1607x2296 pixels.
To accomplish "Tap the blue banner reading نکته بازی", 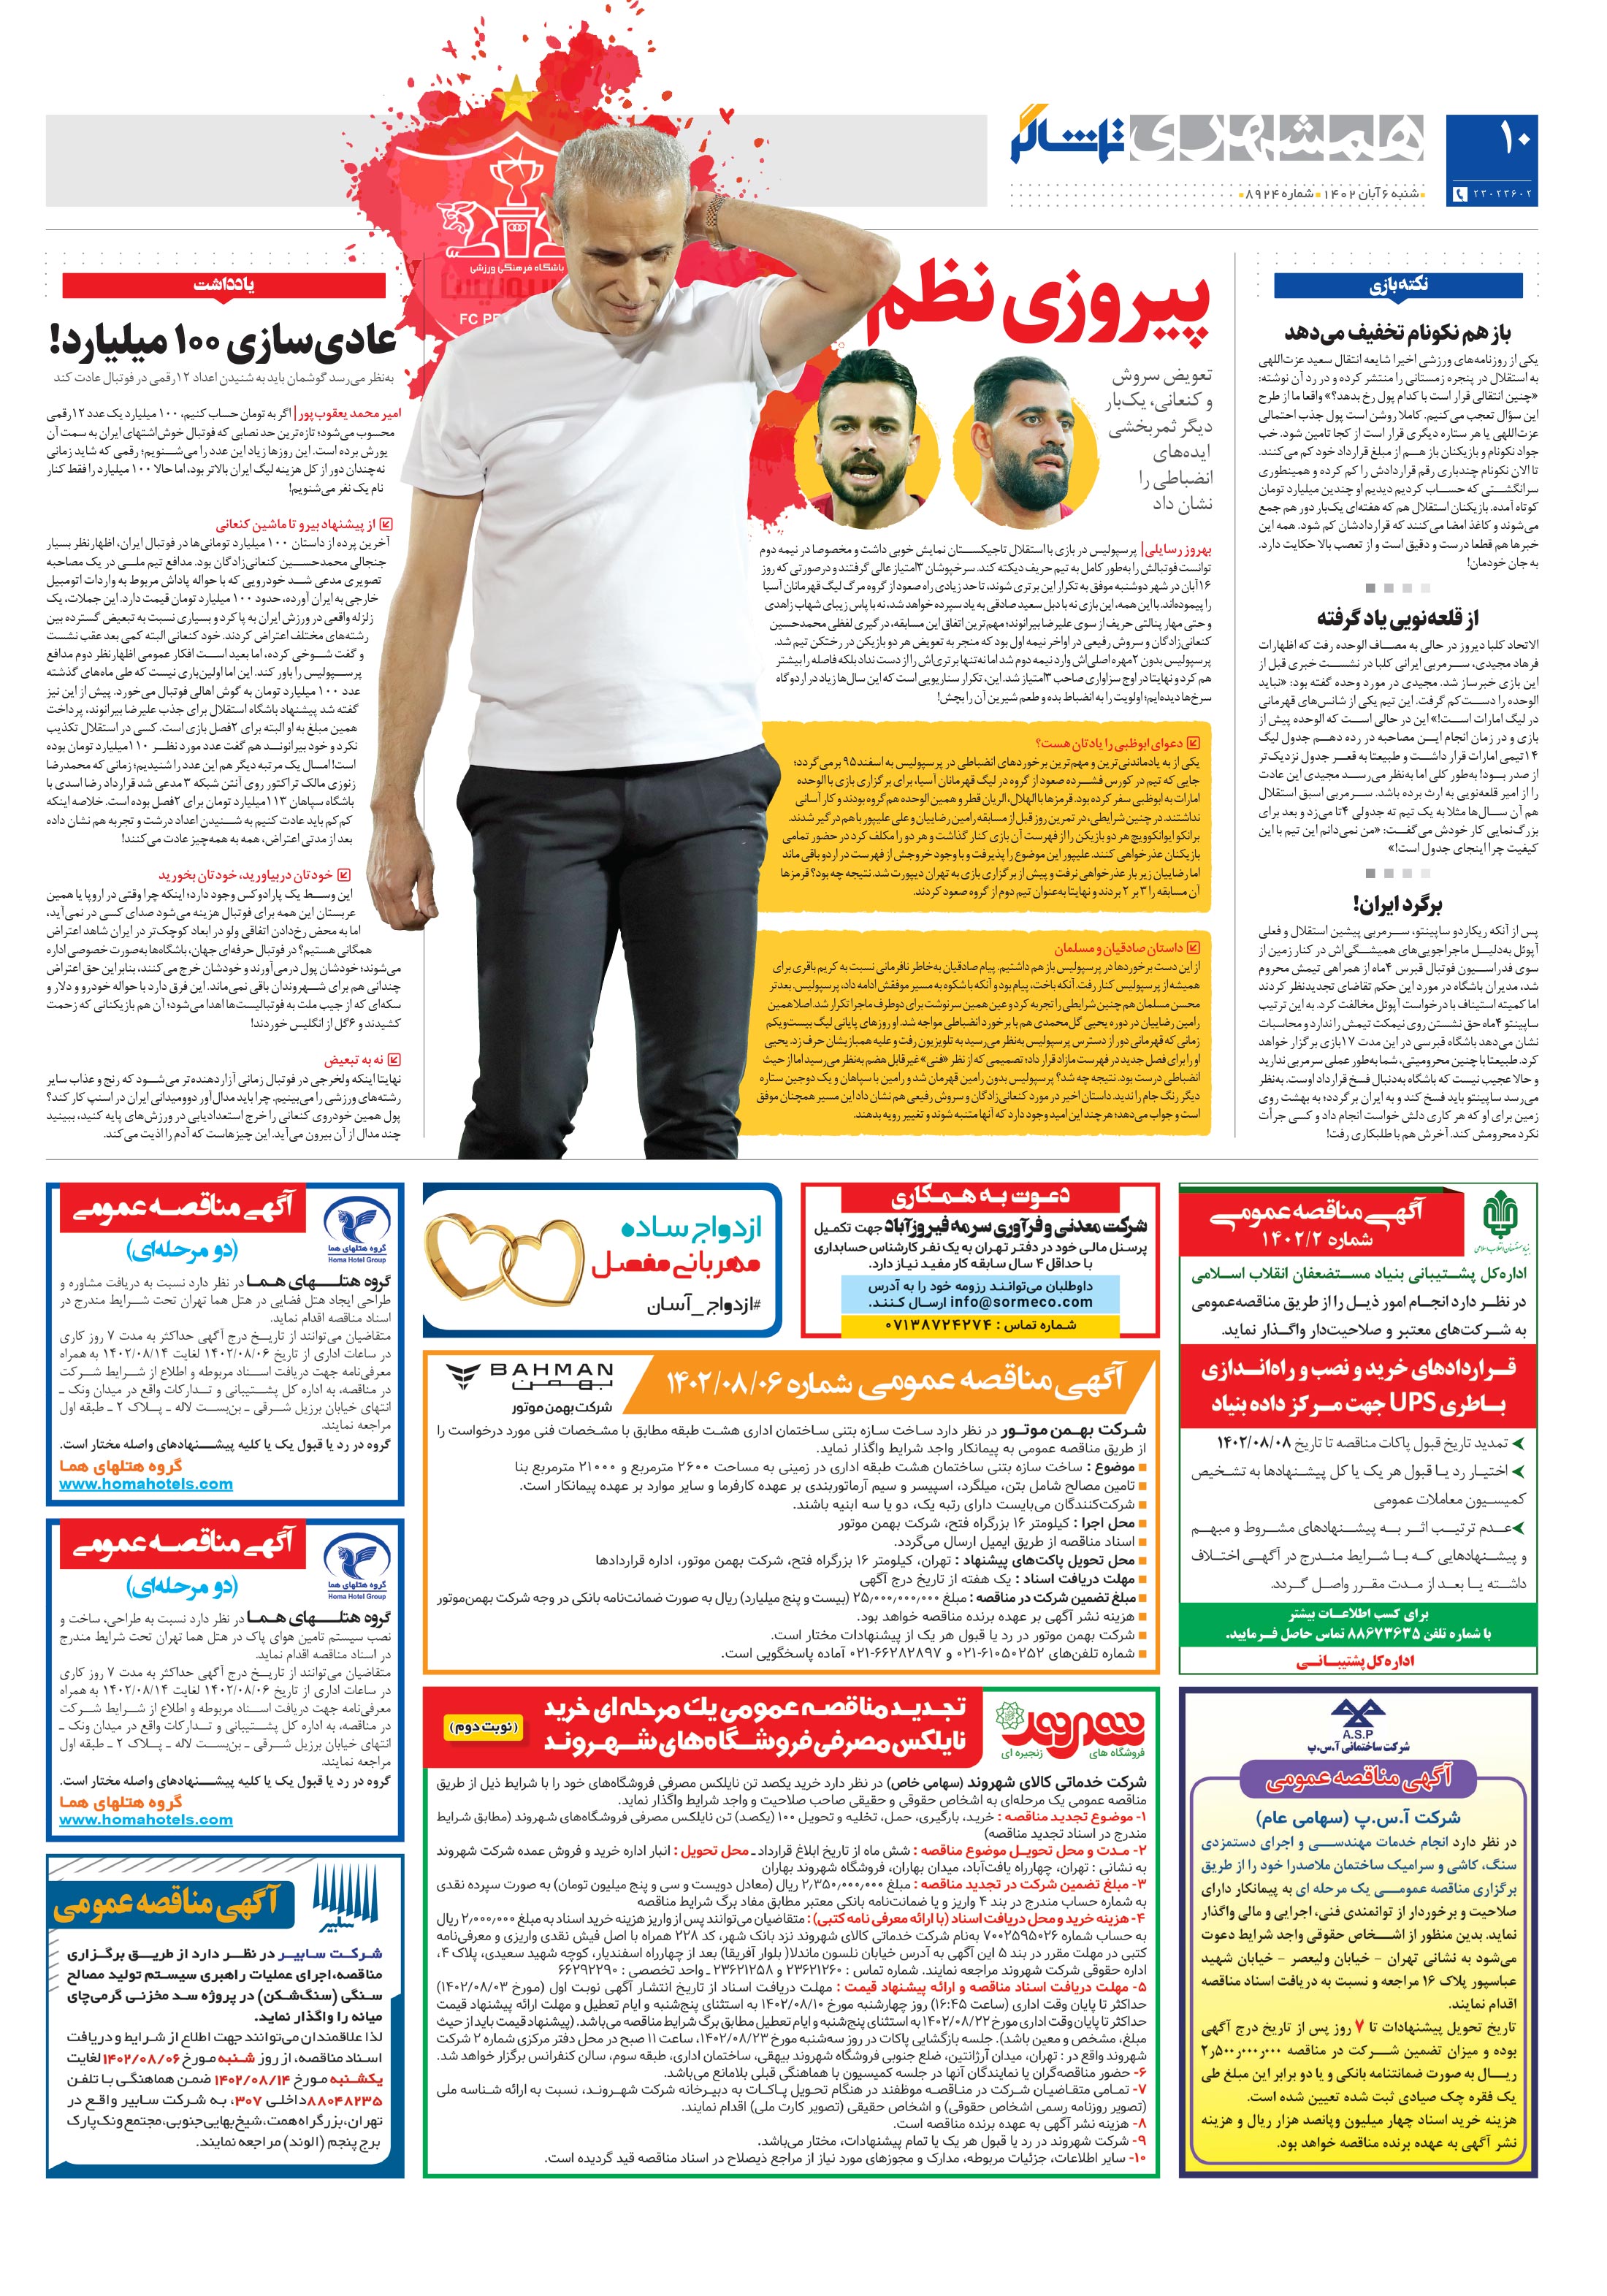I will [1397, 285].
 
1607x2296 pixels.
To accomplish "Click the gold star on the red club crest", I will [519, 97].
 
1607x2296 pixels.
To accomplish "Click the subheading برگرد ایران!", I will [1397, 904].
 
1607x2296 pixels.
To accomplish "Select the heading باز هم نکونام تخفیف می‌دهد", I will [1397, 332].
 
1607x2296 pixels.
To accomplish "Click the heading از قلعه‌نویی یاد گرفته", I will [1397, 617].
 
